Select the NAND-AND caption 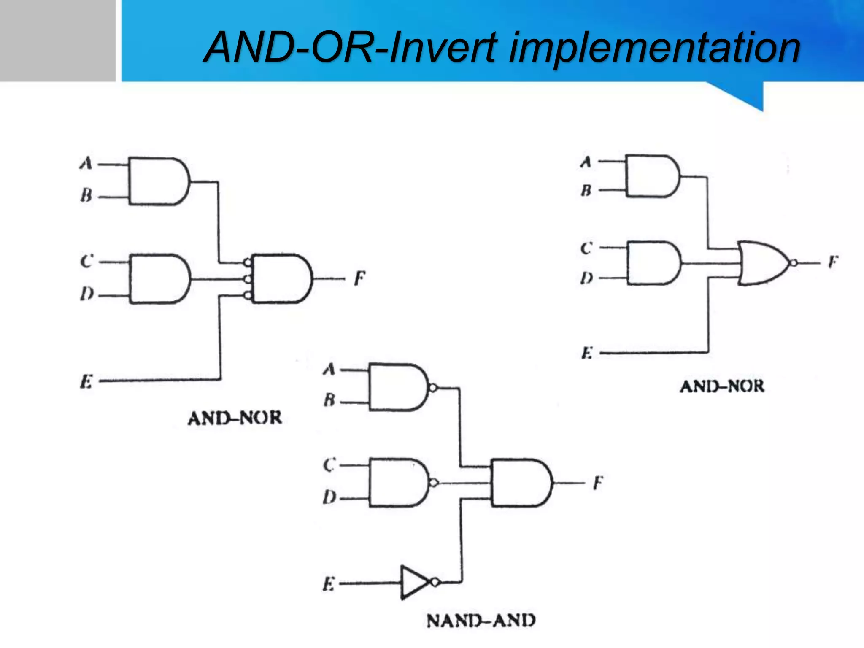pos(481,621)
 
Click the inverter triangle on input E pos(413,582)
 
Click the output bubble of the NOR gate pos(794,263)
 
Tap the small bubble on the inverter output pos(435,583)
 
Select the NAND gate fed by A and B pos(397,387)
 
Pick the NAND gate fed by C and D pos(397,482)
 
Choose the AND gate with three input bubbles pos(281,278)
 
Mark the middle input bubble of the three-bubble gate pos(248,279)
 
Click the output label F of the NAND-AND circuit pos(598,483)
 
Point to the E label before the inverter pos(329,584)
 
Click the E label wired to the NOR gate pos(587,353)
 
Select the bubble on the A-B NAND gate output pos(433,387)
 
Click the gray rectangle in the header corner pos(57,40)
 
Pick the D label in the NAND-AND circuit pos(329,497)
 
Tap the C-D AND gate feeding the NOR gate pos(653,263)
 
